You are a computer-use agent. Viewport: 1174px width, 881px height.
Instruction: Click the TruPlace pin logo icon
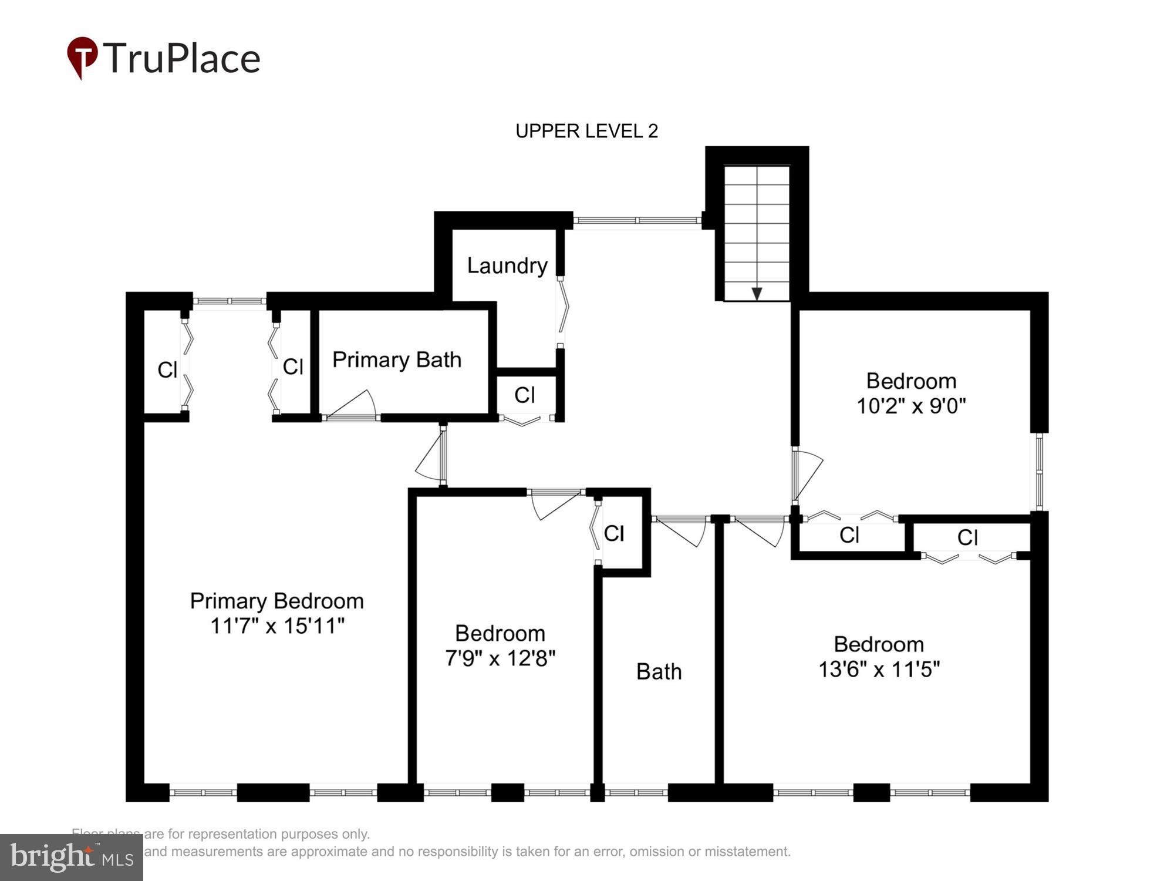[82, 57]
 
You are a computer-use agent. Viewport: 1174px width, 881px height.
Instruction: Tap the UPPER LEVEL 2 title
[586, 131]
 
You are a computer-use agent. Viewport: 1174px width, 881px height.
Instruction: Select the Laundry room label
[507, 265]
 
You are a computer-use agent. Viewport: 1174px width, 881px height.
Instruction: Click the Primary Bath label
[397, 359]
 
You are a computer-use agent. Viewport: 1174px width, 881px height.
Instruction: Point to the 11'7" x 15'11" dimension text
[277, 626]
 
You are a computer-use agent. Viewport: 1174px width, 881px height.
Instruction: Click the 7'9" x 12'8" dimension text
[500, 658]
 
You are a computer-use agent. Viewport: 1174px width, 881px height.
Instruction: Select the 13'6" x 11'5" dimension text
[879, 669]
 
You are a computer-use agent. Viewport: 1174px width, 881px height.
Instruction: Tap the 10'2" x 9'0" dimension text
[911, 406]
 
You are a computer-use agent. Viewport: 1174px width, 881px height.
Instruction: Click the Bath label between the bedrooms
[659, 671]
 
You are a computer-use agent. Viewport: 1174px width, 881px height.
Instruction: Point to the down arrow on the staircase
[757, 293]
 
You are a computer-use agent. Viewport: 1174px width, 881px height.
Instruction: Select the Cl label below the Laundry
[524, 395]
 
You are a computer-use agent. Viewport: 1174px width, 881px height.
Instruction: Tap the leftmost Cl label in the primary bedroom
[167, 370]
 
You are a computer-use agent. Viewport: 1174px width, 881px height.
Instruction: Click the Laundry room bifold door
[563, 311]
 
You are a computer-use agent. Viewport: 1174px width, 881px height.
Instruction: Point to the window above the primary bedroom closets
[230, 301]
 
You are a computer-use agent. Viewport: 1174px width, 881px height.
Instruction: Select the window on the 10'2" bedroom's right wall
[1039, 471]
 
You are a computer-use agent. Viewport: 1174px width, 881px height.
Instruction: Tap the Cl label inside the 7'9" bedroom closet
[614, 533]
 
